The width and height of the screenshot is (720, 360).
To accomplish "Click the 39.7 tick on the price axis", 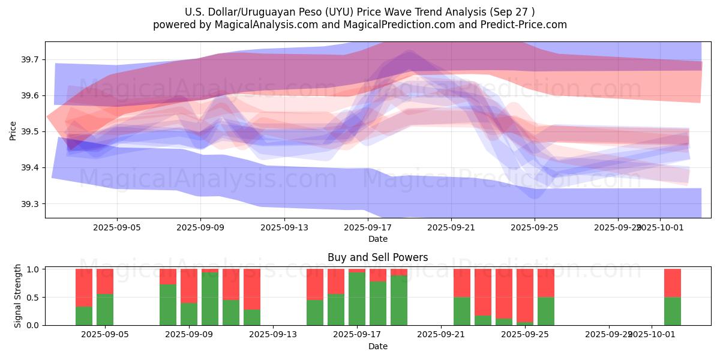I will (31, 59).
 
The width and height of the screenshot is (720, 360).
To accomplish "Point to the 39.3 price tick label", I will (31, 204).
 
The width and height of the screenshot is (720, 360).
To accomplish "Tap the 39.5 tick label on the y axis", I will (31, 131).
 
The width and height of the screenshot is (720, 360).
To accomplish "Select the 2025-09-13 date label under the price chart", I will (284, 228).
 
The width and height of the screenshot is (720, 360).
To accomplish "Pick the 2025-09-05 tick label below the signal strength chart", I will (105, 335).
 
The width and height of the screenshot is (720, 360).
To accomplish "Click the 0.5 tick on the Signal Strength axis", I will (34, 297).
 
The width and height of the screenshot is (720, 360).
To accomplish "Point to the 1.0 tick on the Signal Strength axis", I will (34, 269).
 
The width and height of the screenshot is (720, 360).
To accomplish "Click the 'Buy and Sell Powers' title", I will (377, 257).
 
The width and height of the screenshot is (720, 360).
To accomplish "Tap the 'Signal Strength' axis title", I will (18, 296).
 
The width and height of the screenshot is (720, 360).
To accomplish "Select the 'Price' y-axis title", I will (13, 130).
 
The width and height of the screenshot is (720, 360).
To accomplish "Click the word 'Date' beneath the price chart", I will (377, 239).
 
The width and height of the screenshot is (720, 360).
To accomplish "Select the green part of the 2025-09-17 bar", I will (357, 298).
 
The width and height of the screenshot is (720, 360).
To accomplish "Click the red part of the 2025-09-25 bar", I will (525, 294).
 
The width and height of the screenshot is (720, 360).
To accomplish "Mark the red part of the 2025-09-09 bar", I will (189, 285).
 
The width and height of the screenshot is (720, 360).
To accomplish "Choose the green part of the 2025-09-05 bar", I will (105, 309).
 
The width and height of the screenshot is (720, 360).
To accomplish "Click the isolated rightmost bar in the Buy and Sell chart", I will (673, 297).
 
